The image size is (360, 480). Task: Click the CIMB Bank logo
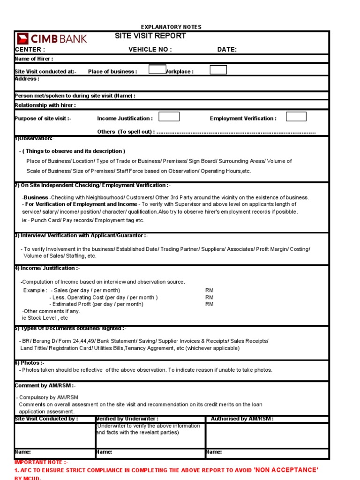[x=52, y=38]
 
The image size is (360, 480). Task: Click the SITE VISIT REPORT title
[x=150, y=36]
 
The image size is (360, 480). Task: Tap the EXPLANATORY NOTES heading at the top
[x=171, y=27]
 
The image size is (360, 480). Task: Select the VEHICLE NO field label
[x=150, y=50]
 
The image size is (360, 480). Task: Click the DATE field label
[x=227, y=50]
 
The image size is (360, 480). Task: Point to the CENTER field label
[x=30, y=50]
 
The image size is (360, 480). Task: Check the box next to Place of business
[x=157, y=70]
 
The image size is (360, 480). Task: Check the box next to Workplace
[x=218, y=70]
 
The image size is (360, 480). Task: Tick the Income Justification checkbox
[x=169, y=117]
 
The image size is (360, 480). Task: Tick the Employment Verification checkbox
[x=296, y=117]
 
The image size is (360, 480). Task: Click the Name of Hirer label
[x=34, y=59]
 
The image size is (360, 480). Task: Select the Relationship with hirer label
[x=45, y=105]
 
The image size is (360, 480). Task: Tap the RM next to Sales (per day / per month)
[x=209, y=291]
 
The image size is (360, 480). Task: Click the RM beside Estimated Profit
[x=209, y=304]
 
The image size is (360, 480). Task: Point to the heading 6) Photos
[x=30, y=363]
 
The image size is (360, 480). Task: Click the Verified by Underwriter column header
[x=127, y=419]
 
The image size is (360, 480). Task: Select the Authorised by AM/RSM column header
[x=242, y=419]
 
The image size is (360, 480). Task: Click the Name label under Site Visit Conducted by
[x=23, y=452]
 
